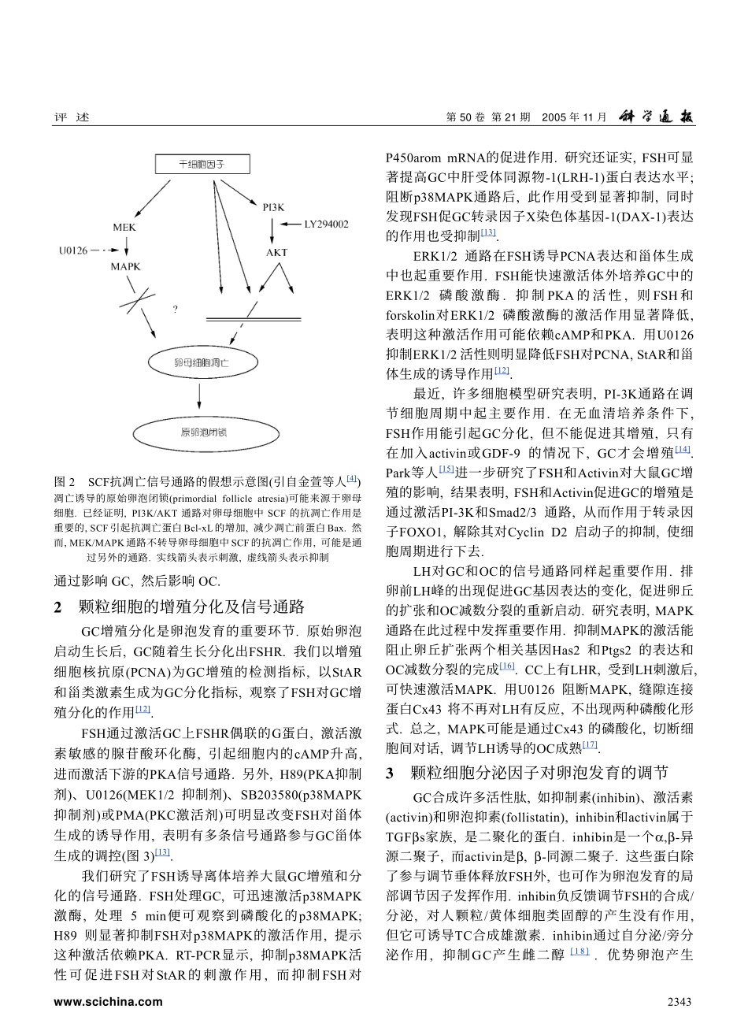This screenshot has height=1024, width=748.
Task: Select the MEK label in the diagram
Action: pyautogui.click(x=124, y=227)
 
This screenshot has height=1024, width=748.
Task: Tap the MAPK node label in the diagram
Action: pyautogui.click(x=125, y=267)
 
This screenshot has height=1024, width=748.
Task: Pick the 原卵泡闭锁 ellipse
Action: pyautogui.click(x=201, y=432)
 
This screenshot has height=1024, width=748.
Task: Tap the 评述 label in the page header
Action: pyautogui.click(x=71, y=117)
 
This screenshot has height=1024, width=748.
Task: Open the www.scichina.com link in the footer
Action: pyautogui.click(x=108, y=1002)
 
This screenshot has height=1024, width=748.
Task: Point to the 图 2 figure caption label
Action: pyautogui.click(x=64, y=480)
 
